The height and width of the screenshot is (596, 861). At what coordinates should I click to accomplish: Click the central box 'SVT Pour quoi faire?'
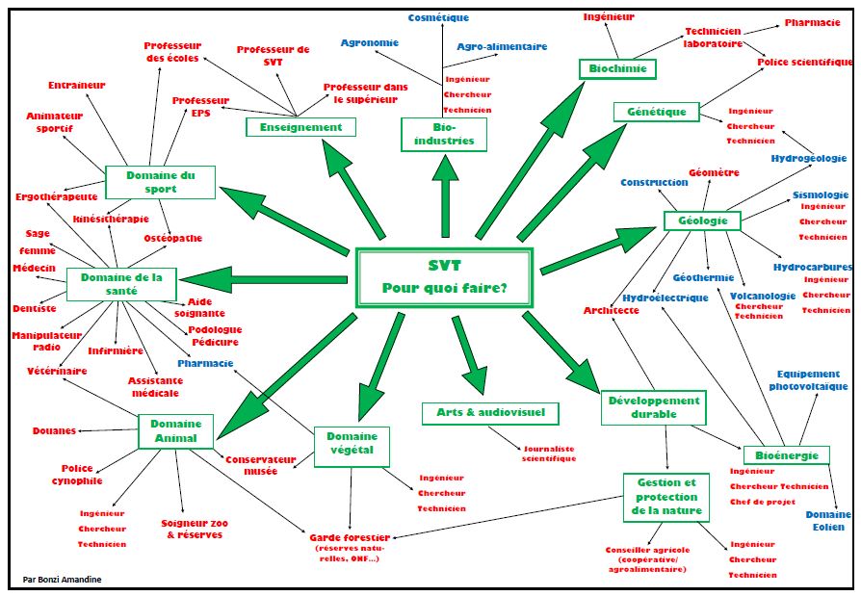coord(444,277)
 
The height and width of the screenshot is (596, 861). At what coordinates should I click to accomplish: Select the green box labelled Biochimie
coord(617,68)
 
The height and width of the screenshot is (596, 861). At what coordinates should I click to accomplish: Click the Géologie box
coord(702,220)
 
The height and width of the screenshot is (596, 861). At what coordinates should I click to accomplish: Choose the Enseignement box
coord(300,127)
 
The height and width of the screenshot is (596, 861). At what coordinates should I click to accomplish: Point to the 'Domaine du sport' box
coord(160,182)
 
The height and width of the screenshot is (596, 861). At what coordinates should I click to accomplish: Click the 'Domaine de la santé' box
coord(121,284)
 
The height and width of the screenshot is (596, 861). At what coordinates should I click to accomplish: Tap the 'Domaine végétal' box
coord(352,446)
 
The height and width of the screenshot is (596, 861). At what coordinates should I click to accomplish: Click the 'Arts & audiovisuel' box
coord(490,413)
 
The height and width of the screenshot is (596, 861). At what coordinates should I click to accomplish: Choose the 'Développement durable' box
coord(654,407)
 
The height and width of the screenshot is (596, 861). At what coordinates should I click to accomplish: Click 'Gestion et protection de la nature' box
coord(667,496)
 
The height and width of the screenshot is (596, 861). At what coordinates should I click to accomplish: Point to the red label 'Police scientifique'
coord(805,62)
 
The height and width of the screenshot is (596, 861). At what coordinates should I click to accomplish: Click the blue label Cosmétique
coord(438,17)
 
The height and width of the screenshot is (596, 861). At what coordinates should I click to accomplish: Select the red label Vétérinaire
coord(56,371)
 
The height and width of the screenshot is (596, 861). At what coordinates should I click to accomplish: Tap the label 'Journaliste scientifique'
coord(549,453)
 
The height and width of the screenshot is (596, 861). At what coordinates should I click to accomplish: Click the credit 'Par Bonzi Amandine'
coord(62,579)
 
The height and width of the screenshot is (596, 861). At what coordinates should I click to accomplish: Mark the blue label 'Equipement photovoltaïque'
coord(808,379)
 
